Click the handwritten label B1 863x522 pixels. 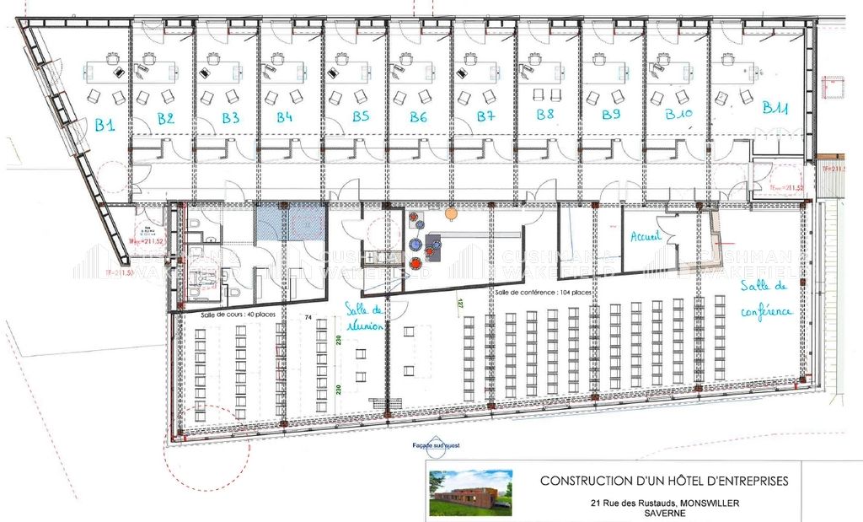[105, 126]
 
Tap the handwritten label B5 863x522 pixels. [361, 116]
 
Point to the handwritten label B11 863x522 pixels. [775, 108]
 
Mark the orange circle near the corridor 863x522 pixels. [451, 213]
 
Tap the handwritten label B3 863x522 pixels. [231, 118]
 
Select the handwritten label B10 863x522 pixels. [678, 113]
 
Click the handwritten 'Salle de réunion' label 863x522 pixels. [364, 315]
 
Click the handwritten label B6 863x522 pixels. [419, 117]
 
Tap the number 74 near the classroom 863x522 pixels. [308, 317]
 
